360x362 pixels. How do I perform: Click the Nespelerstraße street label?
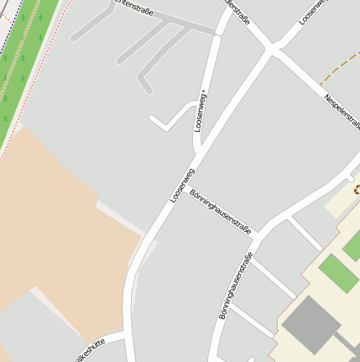tap(343, 110)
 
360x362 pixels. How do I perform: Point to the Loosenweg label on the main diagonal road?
tap(182, 185)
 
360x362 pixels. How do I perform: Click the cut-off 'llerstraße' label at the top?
tap(238, 12)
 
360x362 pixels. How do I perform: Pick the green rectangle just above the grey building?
tap(339, 273)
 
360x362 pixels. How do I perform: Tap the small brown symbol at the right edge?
tap(356, 189)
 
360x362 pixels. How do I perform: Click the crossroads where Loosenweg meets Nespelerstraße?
tap(270, 52)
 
